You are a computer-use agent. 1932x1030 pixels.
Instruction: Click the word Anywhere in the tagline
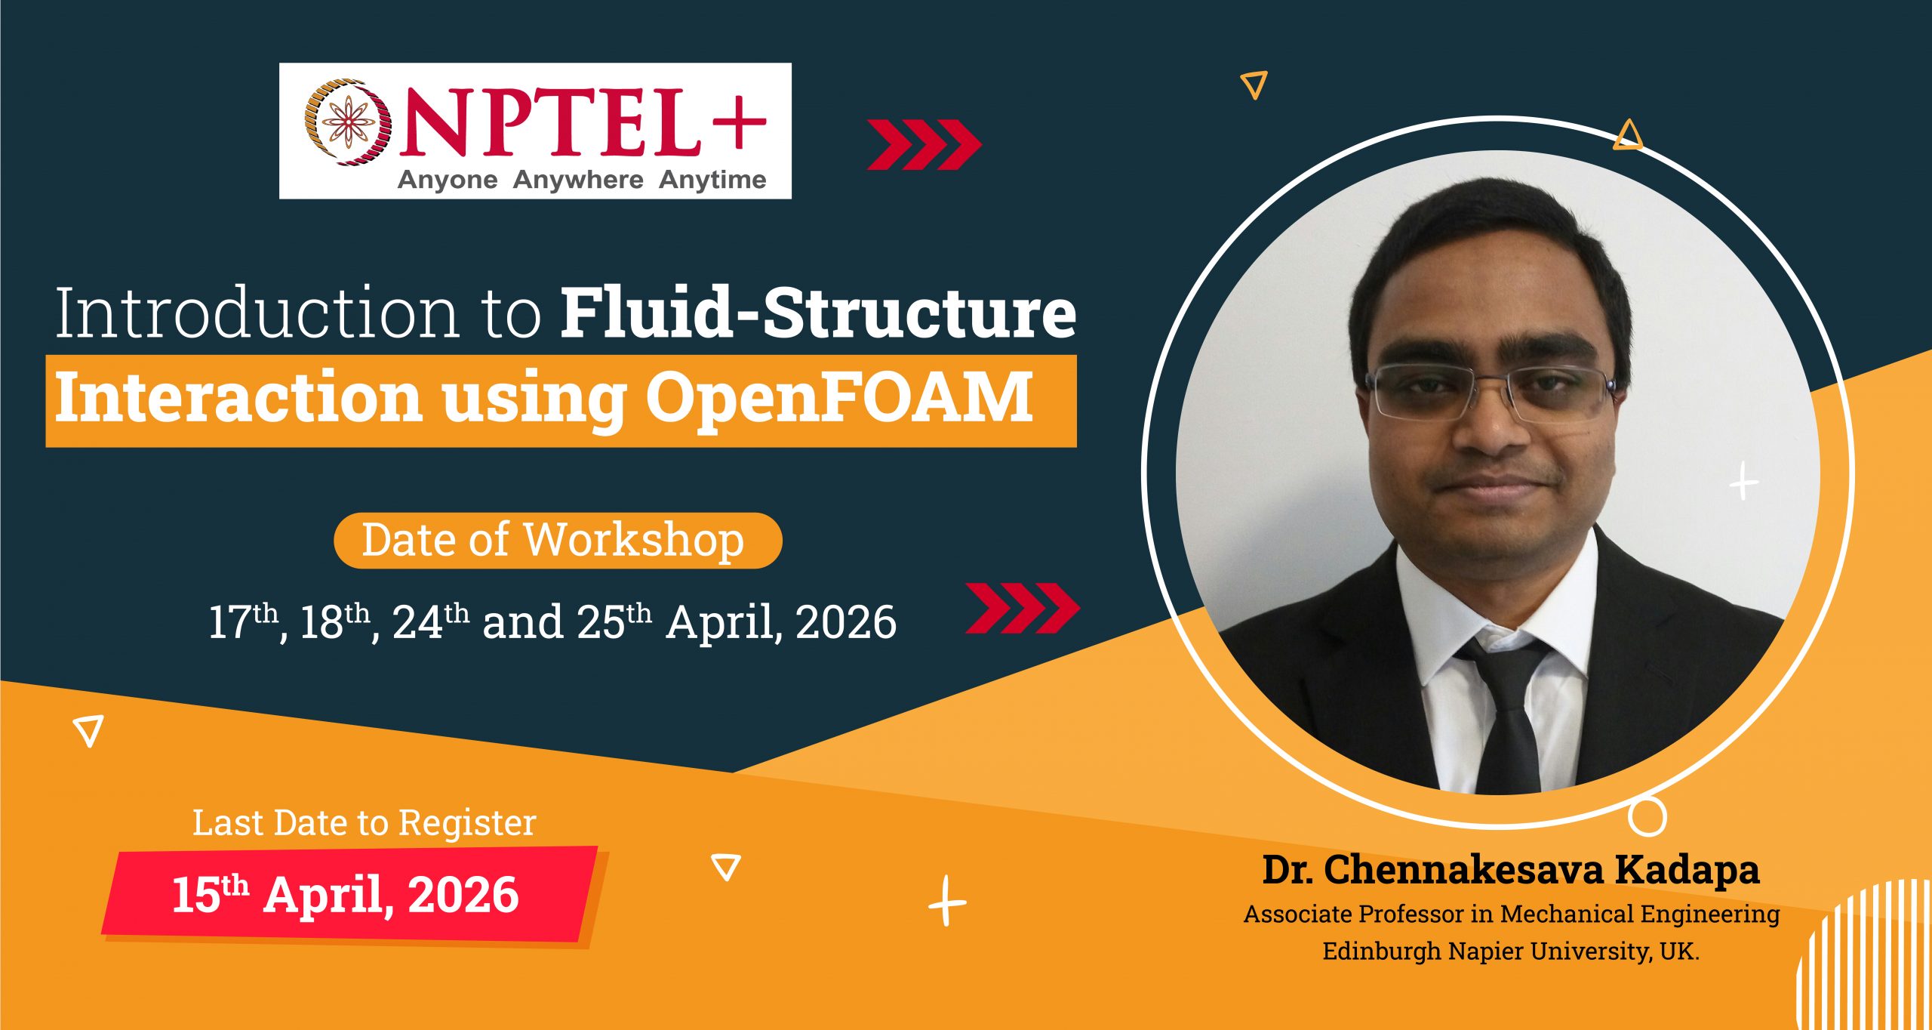pos(578,180)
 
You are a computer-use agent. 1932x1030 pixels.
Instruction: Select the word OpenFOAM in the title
pos(838,398)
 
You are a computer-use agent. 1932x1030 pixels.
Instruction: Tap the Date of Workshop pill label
pos(557,541)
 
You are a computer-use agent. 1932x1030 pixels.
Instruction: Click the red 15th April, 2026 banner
pos(347,896)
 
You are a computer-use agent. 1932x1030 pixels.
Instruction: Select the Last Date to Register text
pos(364,822)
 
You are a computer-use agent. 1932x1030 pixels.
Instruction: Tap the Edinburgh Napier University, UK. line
pos(1511,951)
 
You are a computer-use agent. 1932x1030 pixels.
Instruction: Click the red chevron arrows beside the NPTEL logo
pos(924,144)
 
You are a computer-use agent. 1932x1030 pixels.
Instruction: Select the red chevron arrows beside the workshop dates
pos(1023,608)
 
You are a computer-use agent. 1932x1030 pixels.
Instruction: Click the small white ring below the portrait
pos(1647,816)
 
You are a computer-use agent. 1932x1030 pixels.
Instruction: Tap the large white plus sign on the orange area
pos(947,902)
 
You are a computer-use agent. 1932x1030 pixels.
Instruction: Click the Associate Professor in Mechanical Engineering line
pos(1511,914)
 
